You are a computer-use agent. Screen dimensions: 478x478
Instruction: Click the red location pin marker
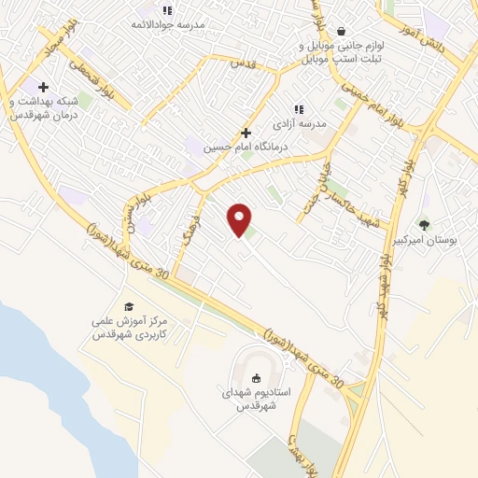tap(240, 219)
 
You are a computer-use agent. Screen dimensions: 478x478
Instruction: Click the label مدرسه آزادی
tap(300, 122)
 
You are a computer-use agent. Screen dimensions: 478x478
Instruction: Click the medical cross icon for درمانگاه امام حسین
tap(246, 133)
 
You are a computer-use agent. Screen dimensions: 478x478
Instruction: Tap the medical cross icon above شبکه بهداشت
tap(43, 87)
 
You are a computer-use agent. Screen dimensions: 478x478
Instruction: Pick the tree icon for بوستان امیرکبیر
tap(425, 224)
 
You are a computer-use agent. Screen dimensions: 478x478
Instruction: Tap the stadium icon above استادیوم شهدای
tap(256, 377)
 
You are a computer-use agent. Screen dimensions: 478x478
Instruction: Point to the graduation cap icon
tap(130, 306)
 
